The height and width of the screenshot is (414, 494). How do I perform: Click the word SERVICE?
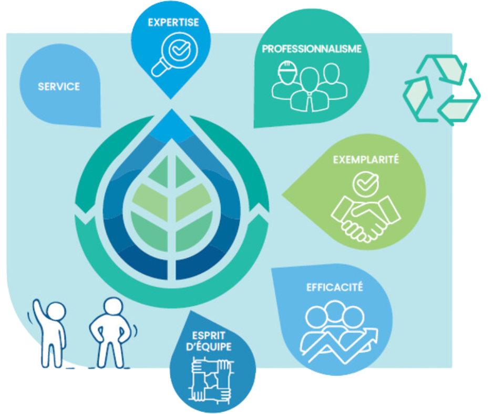coord(59,86)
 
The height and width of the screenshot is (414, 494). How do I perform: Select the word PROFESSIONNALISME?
coord(311,49)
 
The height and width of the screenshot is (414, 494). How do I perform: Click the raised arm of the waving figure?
coord(37,313)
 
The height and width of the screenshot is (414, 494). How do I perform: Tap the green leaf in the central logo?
coord(168,210)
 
